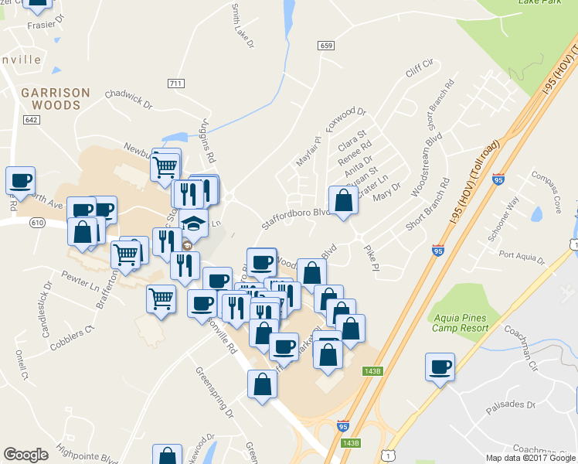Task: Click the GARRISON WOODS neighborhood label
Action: click(x=55, y=98)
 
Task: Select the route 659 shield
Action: click(x=326, y=46)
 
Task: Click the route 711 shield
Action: click(x=175, y=83)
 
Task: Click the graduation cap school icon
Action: click(x=194, y=224)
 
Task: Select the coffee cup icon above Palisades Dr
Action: click(x=440, y=367)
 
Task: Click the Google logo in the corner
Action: click(x=25, y=455)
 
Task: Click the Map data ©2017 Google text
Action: click(x=530, y=458)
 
